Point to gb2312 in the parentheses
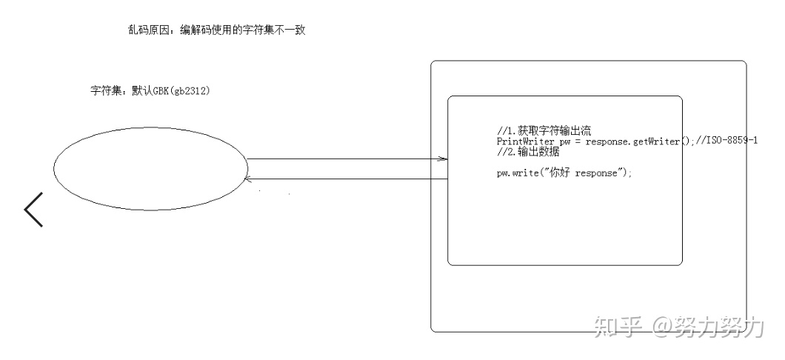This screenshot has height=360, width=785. click(188, 91)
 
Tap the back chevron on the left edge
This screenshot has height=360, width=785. click(34, 209)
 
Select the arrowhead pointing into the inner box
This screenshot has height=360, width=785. click(443, 159)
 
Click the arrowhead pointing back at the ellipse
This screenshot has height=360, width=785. click(250, 179)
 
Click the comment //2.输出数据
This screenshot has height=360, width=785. click(527, 151)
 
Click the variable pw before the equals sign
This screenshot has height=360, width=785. click(566, 141)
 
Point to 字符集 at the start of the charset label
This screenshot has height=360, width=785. click(103, 91)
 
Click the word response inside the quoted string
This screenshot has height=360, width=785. click(601, 173)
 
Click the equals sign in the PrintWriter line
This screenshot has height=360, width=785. click(579, 141)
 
